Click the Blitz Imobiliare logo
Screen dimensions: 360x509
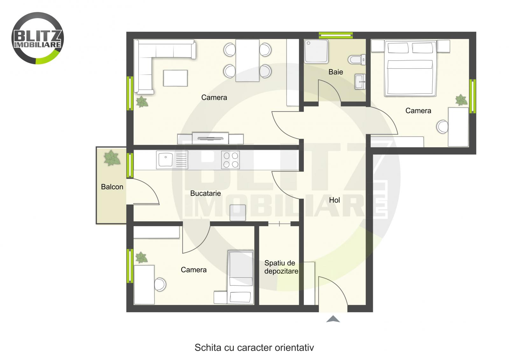(x=38, y=38)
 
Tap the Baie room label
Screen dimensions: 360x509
(x=336, y=72)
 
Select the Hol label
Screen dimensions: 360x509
(x=334, y=200)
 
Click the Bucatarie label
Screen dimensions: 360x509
(x=206, y=193)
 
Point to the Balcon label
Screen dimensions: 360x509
(x=112, y=187)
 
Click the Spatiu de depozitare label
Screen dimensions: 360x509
(x=281, y=267)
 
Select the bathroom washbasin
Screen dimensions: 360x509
(x=360, y=82)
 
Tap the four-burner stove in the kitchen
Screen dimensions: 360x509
(x=231, y=160)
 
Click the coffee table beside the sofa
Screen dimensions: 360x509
(x=175, y=78)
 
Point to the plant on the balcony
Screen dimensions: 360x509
(x=112, y=158)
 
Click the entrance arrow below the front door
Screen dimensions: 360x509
(x=333, y=319)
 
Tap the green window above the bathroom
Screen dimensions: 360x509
(x=336, y=35)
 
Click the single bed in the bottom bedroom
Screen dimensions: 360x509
(x=241, y=277)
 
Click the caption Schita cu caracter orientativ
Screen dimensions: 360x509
(x=254, y=347)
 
